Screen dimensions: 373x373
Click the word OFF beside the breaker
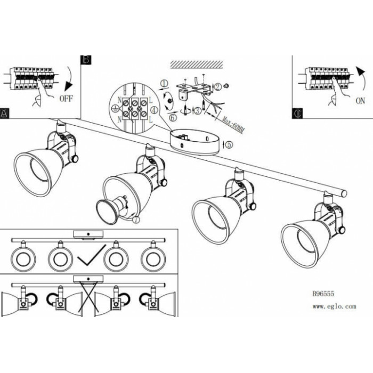tap(67, 99)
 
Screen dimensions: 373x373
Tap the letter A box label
tap(5, 113)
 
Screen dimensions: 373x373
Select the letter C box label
tap(298, 113)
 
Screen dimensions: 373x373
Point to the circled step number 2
tap(218, 85)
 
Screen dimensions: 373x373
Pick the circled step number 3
tap(198, 111)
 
